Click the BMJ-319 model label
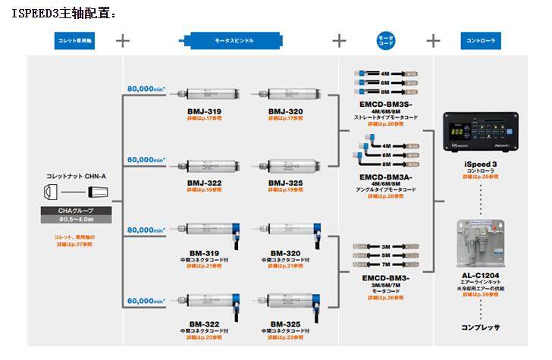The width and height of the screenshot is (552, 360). click(204, 111)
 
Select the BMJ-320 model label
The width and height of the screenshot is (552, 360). click(285, 111)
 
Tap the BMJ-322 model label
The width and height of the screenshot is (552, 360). click(204, 183)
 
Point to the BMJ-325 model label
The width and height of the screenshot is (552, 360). click(285, 183)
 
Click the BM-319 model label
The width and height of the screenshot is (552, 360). click(204, 252)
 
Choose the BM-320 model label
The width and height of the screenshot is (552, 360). click(285, 252)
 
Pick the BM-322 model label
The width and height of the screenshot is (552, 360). click(204, 323)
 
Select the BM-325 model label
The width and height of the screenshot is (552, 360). click(285, 323)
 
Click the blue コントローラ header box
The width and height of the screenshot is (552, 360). click(481, 40)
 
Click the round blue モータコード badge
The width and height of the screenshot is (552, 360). click(386, 41)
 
